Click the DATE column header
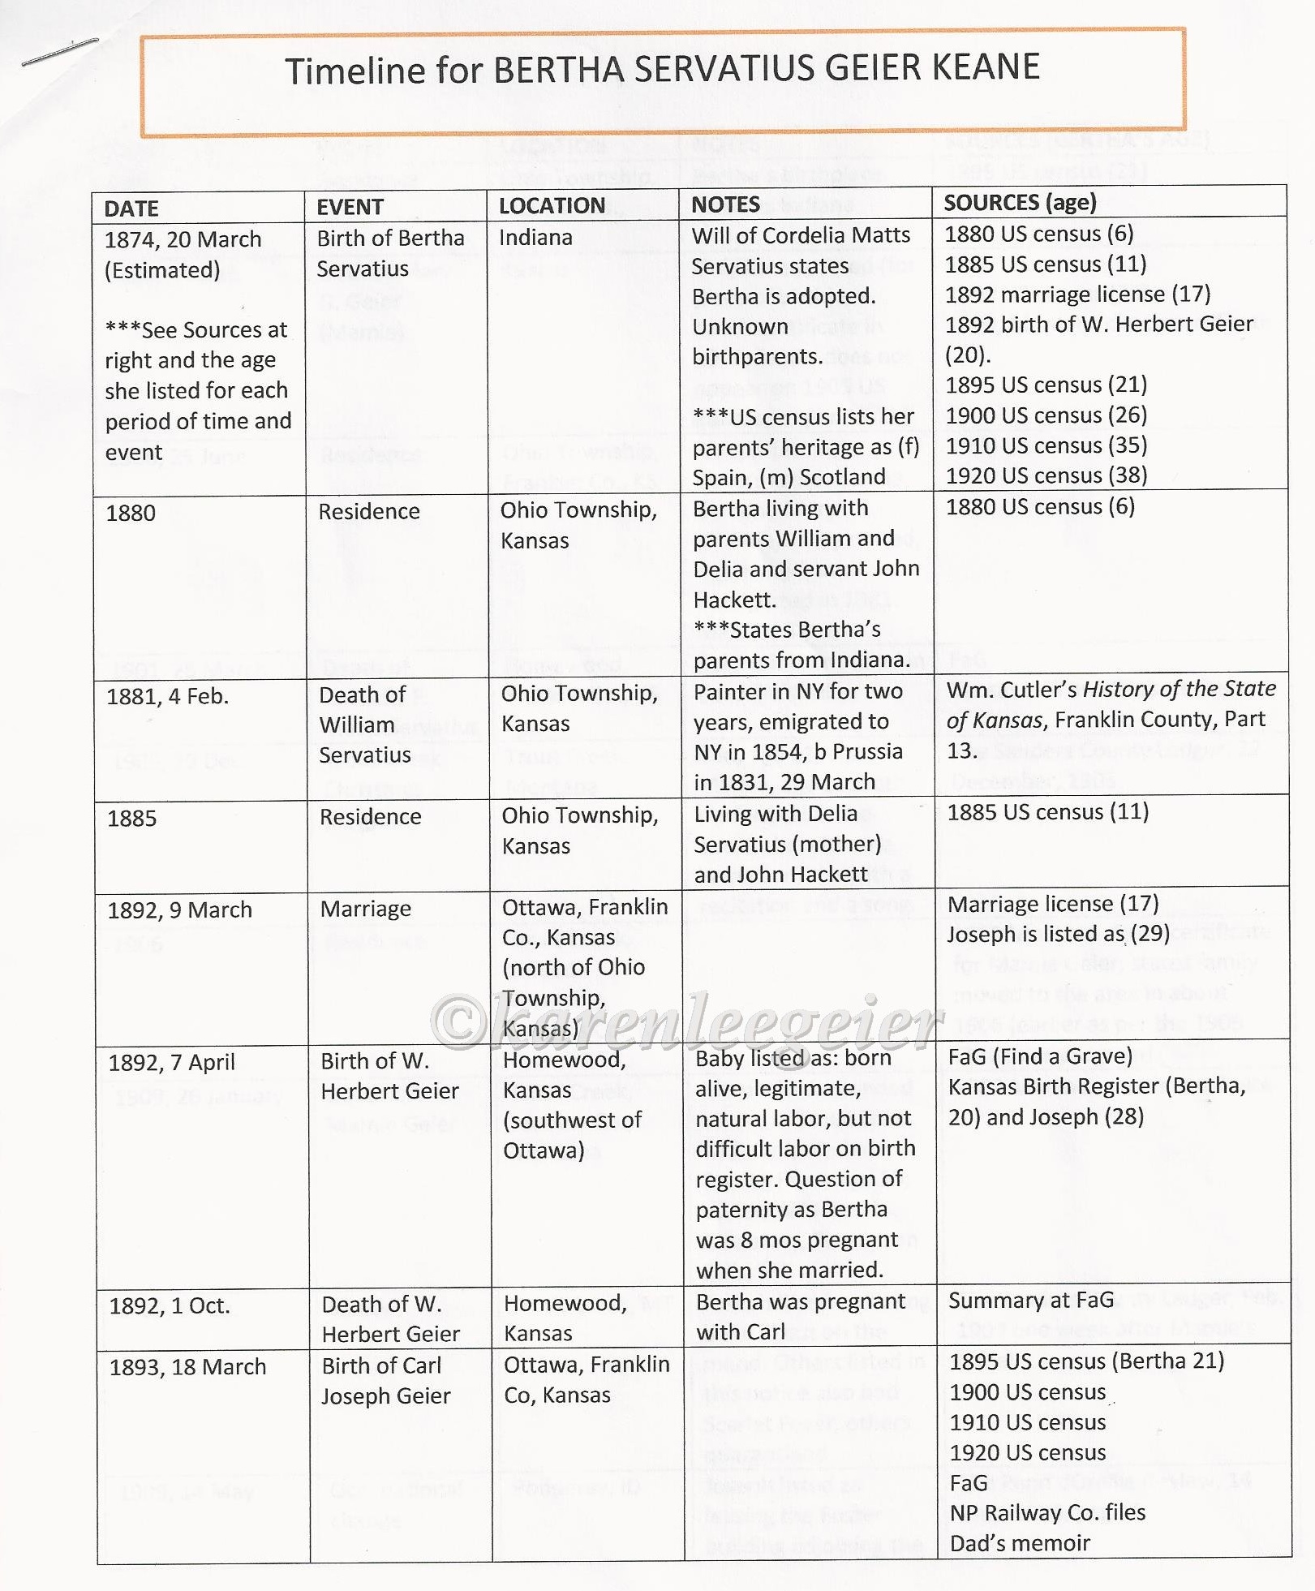coord(131,209)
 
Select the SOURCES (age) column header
coord(1020,202)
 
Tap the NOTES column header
coord(725,204)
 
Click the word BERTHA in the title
coord(558,70)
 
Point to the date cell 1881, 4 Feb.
coord(167,696)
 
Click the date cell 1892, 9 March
coord(179,910)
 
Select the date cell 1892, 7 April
coord(171,1062)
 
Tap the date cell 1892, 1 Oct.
coord(170,1305)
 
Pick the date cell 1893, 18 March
coord(187,1367)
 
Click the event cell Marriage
coord(365,909)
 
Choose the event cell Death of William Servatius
coord(364,725)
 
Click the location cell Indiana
coord(535,237)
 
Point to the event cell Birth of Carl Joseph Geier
coord(385,1381)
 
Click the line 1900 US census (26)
coord(1046,415)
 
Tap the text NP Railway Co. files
coord(1047,1512)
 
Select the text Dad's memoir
coord(1020,1543)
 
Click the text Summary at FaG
coord(1030,1300)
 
